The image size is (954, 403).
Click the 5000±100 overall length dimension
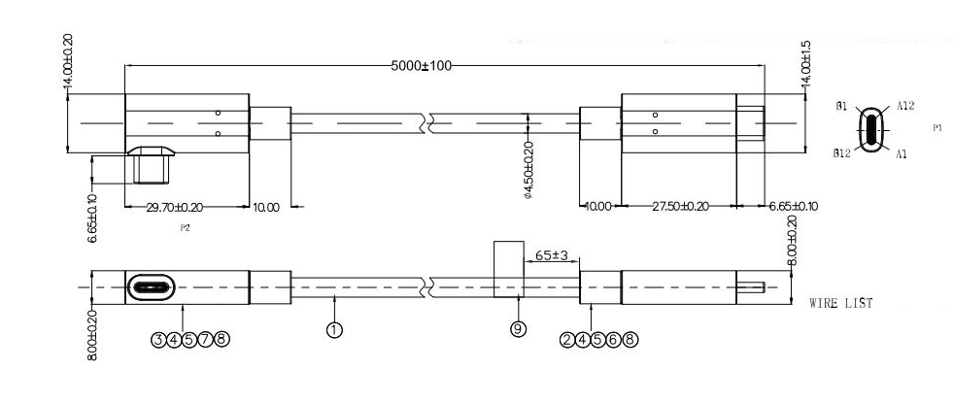tap(421, 66)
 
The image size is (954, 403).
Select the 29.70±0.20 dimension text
tap(174, 207)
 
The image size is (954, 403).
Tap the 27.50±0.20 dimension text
tap(680, 207)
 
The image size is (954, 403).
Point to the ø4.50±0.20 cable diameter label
tap(528, 170)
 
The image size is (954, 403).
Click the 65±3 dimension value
tap(551, 256)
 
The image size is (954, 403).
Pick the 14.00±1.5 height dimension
tap(806, 66)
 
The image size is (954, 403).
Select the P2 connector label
tap(185, 228)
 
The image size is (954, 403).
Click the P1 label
tap(937, 128)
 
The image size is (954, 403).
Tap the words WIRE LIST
tap(841, 303)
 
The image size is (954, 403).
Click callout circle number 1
tap(334, 330)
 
